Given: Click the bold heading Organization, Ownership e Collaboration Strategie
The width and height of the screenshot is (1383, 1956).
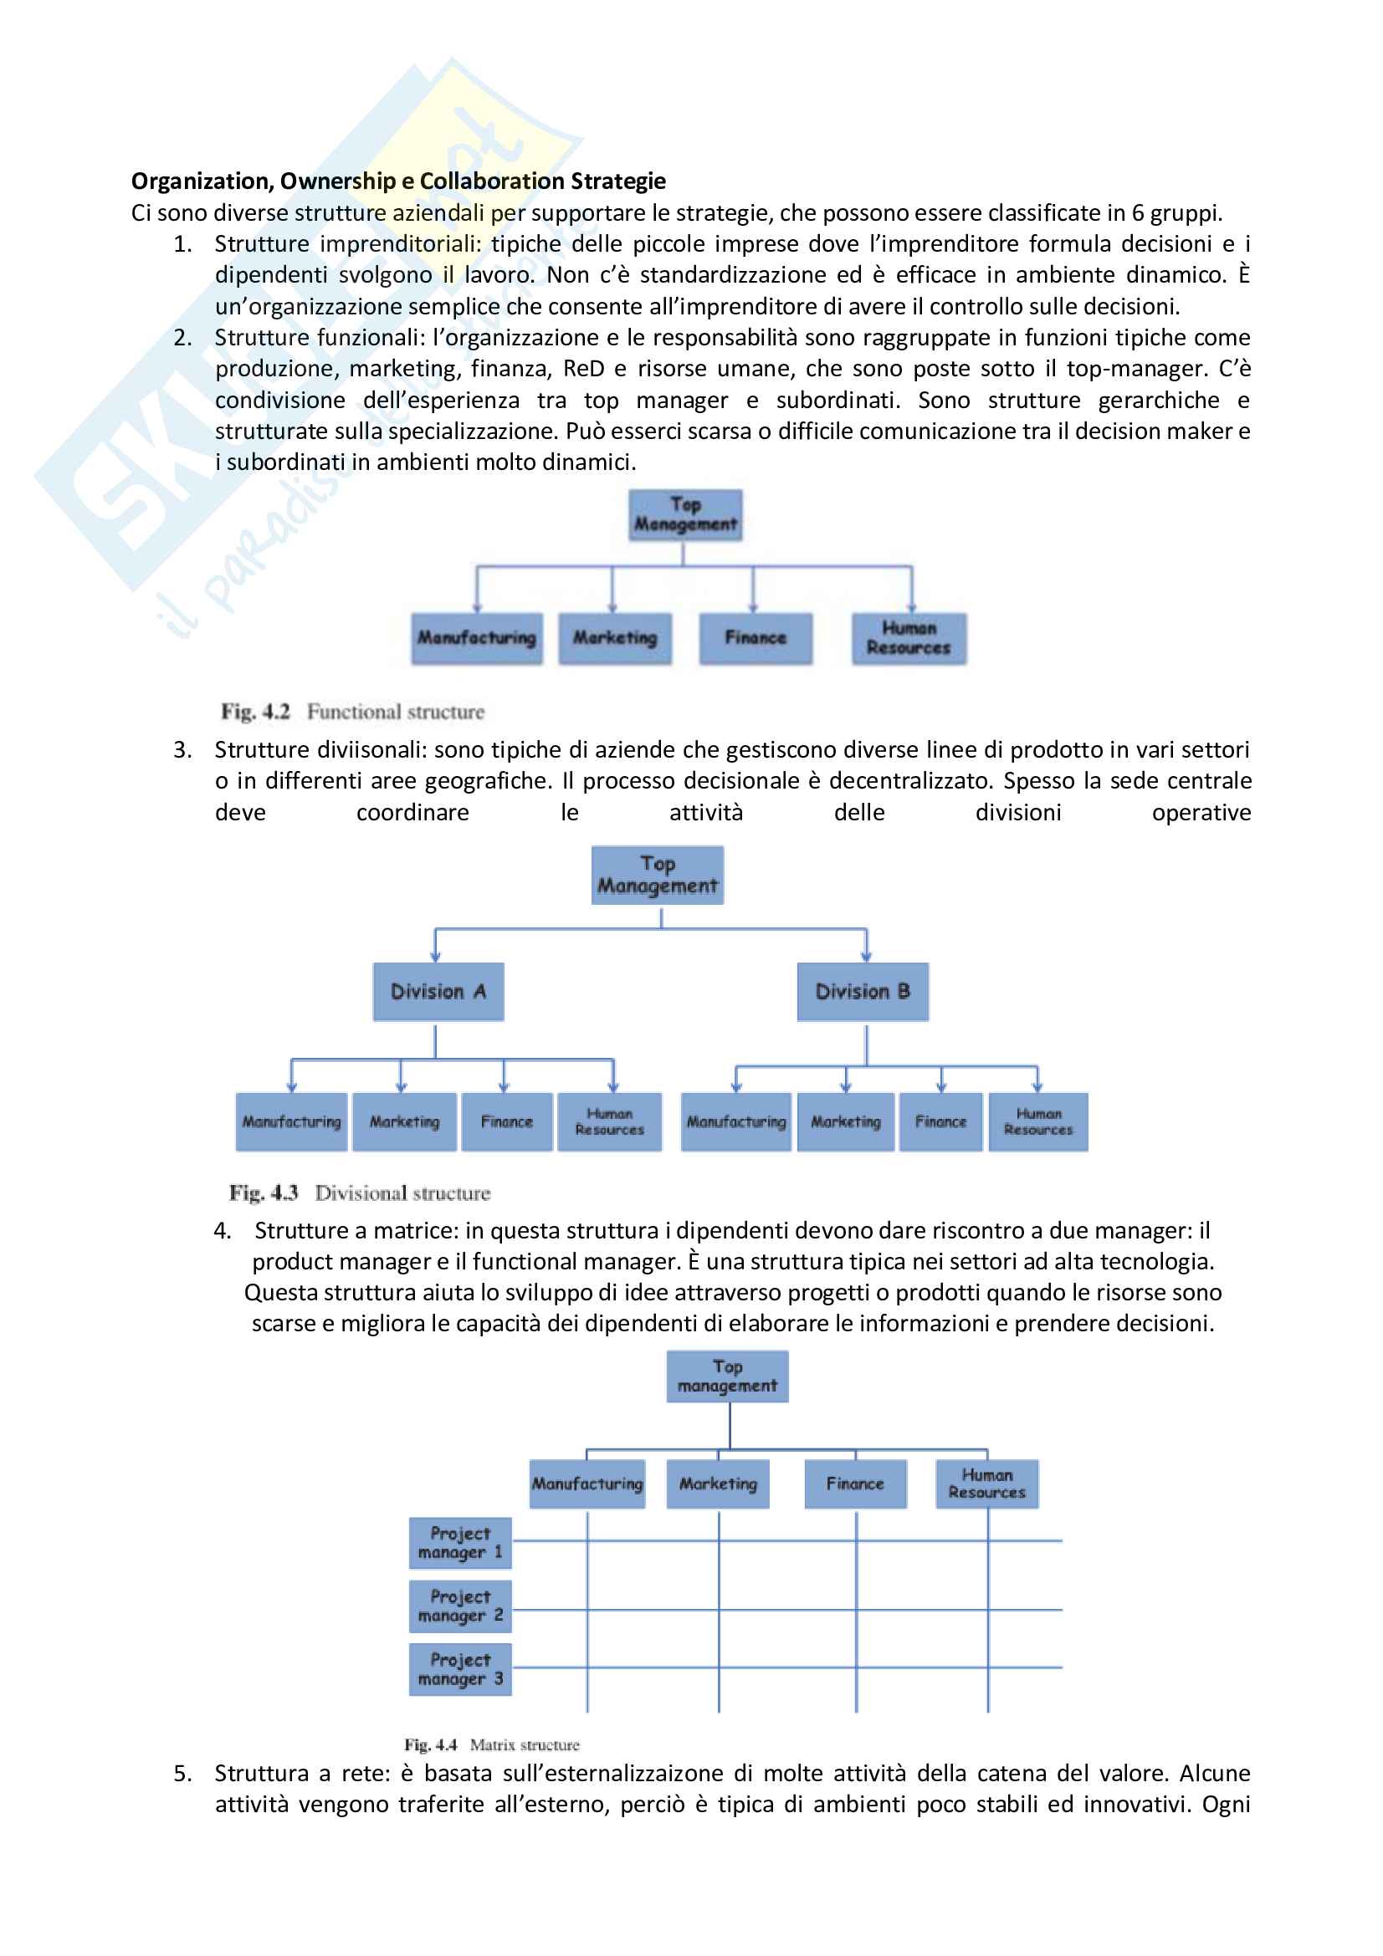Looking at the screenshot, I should [x=398, y=181].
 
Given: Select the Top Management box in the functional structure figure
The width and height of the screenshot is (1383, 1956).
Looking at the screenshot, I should [x=685, y=514].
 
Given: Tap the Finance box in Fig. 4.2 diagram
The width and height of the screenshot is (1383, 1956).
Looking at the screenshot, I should [x=755, y=638].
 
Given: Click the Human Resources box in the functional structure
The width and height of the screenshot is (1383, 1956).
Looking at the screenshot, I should [x=909, y=638].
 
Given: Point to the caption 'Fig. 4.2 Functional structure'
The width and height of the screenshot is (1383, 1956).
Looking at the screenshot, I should [x=353, y=712].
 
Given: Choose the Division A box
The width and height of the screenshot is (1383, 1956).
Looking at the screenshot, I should [x=438, y=992].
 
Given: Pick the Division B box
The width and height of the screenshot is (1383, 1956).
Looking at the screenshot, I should [x=863, y=992].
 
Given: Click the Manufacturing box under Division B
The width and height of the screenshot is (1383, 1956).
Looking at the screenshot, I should [x=736, y=1122].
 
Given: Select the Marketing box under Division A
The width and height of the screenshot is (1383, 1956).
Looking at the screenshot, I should [x=404, y=1122].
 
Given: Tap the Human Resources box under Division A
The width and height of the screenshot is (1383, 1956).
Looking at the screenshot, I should [x=609, y=1122].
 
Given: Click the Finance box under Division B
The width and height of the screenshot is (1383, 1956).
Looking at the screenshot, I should [x=940, y=1122].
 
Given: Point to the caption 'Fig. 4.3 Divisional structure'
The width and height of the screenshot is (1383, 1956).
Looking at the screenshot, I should [x=360, y=1192].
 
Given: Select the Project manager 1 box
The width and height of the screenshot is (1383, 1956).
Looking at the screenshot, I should [x=460, y=1543].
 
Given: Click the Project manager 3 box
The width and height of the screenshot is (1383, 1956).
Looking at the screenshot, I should [x=460, y=1669].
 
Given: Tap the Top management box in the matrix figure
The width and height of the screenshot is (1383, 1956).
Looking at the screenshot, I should [x=727, y=1376].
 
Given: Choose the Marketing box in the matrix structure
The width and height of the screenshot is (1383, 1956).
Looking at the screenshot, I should [x=718, y=1484].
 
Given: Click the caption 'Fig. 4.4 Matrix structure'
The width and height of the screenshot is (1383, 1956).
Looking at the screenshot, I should [x=492, y=1744].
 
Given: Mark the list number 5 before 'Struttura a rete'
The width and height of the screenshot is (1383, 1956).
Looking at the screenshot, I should [x=182, y=1774].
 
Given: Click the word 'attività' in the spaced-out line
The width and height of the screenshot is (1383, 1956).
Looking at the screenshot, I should [x=705, y=813].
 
